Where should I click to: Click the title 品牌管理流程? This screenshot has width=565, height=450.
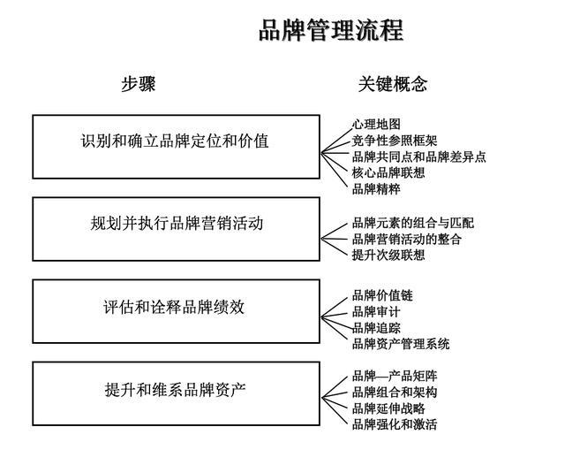click(331, 31)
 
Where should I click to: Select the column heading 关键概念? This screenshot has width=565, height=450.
click(393, 85)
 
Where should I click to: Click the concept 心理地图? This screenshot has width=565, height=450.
click(376, 125)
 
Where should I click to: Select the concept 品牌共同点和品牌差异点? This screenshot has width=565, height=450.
click(418, 156)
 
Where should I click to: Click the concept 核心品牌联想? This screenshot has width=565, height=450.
click(388, 172)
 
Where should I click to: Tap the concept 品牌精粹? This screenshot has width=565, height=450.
click(376, 188)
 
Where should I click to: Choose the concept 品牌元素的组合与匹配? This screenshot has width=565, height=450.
click(412, 223)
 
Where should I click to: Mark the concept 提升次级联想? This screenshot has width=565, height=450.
click(388, 255)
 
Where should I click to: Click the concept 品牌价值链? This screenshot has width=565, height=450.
click(381, 295)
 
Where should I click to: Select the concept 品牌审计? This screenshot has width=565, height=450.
click(376, 311)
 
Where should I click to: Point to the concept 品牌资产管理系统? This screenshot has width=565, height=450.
click(400, 343)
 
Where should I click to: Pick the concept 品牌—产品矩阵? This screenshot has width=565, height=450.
click(394, 376)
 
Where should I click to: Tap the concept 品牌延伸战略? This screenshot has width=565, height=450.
click(388, 408)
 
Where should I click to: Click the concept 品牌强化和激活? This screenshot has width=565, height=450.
click(394, 423)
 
